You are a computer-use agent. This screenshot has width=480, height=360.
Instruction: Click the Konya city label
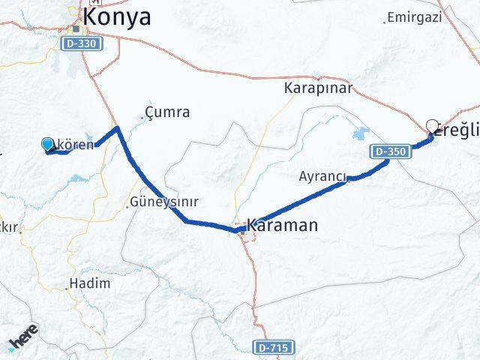coord(117,16)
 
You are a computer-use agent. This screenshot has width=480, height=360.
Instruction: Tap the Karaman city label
coord(282,225)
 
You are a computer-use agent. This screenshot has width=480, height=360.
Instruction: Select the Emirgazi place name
coord(415,16)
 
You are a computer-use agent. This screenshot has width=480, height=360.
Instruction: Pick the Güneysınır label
coord(163,202)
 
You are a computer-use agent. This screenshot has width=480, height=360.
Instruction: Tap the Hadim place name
coord(89,283)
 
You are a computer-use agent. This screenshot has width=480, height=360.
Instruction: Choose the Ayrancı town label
coord(322,177)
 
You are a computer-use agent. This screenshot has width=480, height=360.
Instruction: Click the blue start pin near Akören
coord(48,145)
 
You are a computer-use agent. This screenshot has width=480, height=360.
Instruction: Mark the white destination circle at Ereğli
coord(432,126)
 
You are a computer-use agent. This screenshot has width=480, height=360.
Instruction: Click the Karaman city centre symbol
coord(242,232)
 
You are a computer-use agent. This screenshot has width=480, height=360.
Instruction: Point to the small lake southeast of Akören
coord(79,179)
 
